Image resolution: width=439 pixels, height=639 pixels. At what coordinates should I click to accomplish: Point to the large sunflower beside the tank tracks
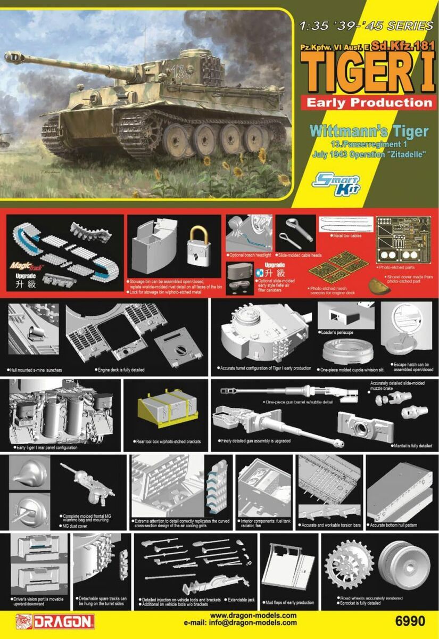[261, 155]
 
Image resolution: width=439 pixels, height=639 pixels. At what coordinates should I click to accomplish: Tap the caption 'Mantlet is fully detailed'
[412, 445]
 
